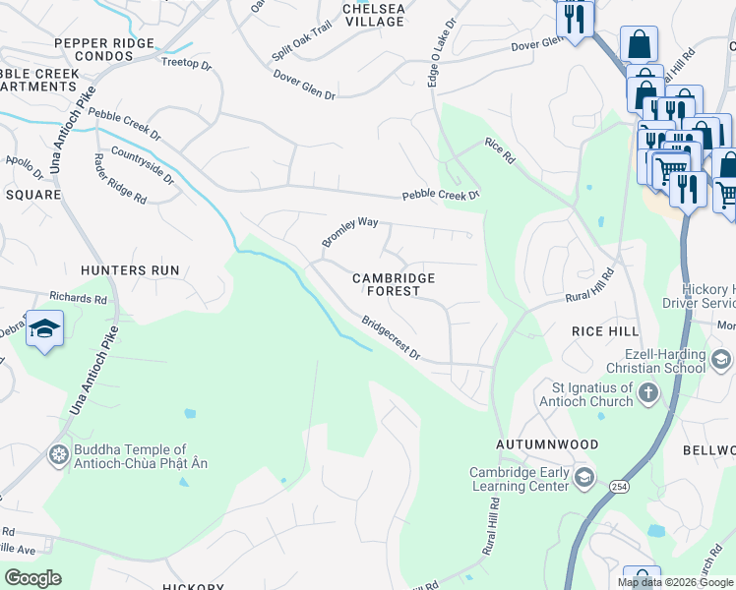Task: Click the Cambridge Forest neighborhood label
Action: pyautogui.click(x=394, y=284)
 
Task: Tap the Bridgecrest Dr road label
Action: pyautogui.click(x=391, y=338)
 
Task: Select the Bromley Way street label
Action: pyautogui.click(x=349, y=232)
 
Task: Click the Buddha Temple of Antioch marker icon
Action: pyautogui.click(x=60, y=455)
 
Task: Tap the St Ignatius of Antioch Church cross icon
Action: pyautogui.click(x=647, y=394)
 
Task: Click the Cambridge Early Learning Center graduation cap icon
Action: pyautogui.click(x=584, y=479)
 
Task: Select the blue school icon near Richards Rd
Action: pyautogui.click(x=44, y=329)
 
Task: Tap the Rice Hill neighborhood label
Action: pyautogui.click(x=606, y=332)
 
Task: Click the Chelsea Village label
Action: pyautogui.click(x=373, y=14)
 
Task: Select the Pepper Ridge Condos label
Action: pyautogui.click(x=105, y=49)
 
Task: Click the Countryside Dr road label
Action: pyautogui.click(x=143, y=166)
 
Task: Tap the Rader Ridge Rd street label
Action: pyautogui.click(x=119, y=179)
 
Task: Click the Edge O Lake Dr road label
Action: pyautogui.click(x=441, y=51)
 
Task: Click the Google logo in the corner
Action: pyautogui.click(x=32, y=578)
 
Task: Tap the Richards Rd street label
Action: pyautogui.click(x=78, y=296)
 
